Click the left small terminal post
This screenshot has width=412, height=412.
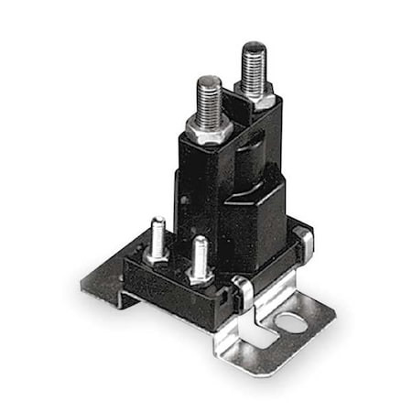157,235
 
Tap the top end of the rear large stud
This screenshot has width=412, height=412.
253,46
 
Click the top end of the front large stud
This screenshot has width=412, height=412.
209,80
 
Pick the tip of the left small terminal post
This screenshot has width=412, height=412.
157,221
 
